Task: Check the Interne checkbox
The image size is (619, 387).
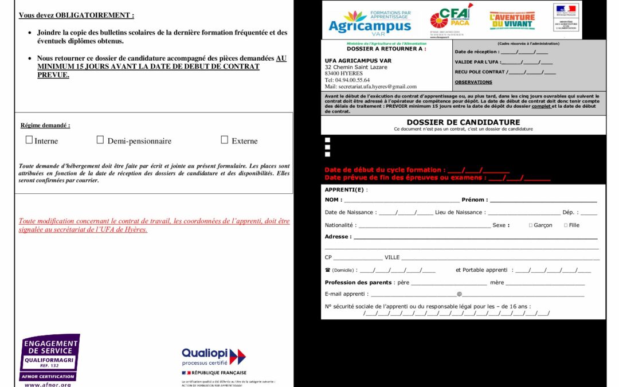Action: point(29,140)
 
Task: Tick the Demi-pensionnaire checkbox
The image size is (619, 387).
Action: point(100,140)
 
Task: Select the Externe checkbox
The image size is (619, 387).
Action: point(225,140)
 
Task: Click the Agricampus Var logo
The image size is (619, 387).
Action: point(370,22)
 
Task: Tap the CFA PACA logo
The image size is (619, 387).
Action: point(452,20)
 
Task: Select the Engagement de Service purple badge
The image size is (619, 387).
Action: point(50,357)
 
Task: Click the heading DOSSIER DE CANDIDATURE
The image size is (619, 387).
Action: point(463,122)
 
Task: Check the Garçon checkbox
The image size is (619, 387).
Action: point(530,225)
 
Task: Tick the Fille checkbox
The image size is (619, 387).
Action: point(566,225)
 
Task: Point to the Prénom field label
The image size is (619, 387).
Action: point(475,200)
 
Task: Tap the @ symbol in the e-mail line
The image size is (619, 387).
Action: point(459,294)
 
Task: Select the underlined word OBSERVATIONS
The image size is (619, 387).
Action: point(473,82)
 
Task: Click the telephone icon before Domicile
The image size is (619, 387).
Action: point(327,270)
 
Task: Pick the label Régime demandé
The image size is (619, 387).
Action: point(45,125)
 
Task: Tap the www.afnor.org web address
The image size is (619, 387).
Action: point(48,385)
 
